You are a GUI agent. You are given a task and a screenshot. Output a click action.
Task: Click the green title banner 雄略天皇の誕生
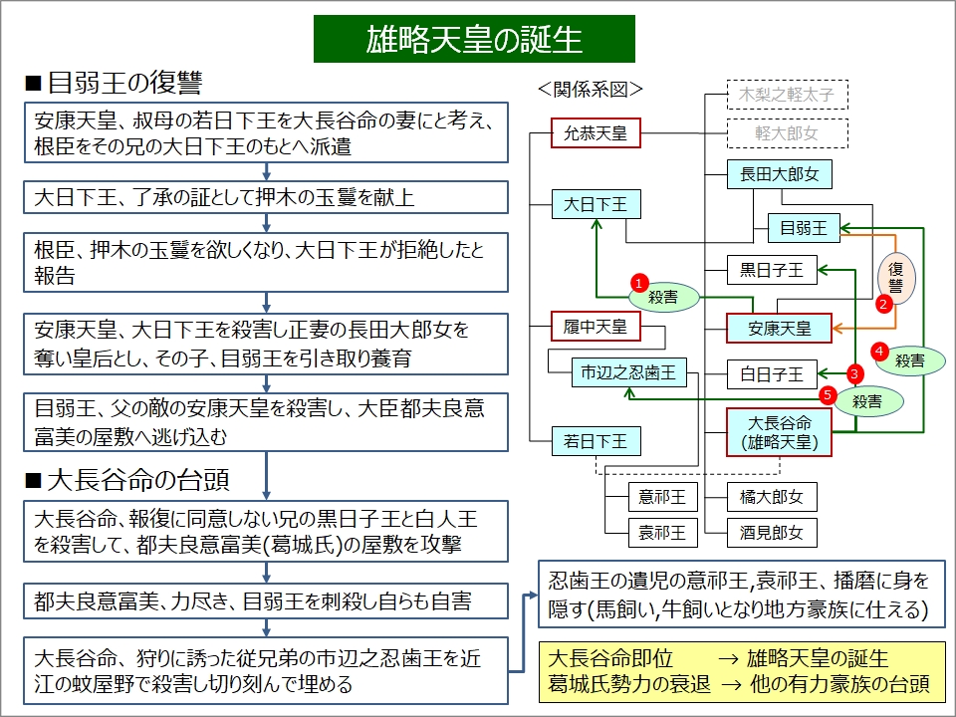pyautogui.click(x=474, y=39)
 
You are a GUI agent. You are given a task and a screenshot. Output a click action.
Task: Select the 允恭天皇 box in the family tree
pyautogui.click(x=596, y=133)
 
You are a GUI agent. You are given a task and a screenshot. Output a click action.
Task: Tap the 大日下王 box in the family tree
pyautogui.click(x=596, y=205)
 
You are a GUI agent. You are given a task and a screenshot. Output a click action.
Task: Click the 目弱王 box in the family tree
pyautogui.click(x=804, y=228)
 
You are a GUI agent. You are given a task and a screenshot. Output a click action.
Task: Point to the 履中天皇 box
pyautogui.click(x=596, y=326)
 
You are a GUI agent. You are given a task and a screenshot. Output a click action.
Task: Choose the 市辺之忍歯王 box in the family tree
pyautogui.click(x=628, y=373)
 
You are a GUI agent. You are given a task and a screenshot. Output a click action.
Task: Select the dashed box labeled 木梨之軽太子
pyautogui.click(x=787, y=95)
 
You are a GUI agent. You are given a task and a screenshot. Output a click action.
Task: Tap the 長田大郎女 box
pyautogui.click(x=779, y=174)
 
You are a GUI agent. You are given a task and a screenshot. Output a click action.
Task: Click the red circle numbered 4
pyautogui.click(x=879, y=350)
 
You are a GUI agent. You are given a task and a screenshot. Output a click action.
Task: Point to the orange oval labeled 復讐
pyautogui.click(x=895, y=277)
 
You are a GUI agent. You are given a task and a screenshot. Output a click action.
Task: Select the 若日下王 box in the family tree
pyautogui.click(x=596, y=439)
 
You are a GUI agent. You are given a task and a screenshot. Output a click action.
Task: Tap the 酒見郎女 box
pyautogui.click(x=772, y=533)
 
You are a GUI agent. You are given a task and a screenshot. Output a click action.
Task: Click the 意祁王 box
pyautogui.click(x=662, y=495)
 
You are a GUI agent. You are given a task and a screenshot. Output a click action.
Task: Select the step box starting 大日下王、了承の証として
pyautogui.click(x=268, y=197)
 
